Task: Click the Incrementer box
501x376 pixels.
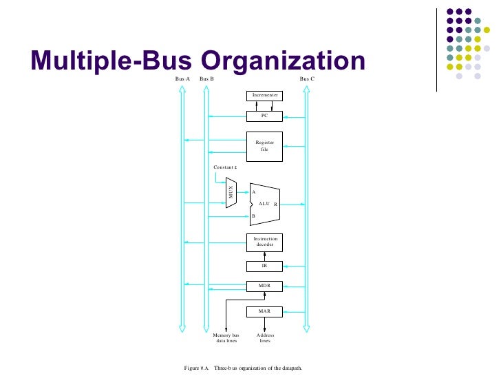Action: (x=264, y=94)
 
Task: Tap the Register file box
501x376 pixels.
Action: (x=264, y=145)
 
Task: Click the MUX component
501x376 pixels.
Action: (x=232, y=192)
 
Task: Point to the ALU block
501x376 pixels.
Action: (x=264, y=204)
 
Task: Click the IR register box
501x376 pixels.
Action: (x=264, y=265)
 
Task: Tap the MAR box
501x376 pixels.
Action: (x=264, y=311)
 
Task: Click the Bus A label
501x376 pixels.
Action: (x=182, y=79)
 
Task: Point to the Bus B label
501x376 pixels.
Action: (x=206, y=79)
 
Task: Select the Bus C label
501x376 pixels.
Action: (x=307, y=79)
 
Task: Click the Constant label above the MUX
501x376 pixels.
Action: (x=225, y=167)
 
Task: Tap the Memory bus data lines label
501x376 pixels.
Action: (x=226, y=337)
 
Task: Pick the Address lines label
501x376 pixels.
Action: (x=265, y=337)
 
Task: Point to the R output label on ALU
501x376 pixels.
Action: (x=275, y=205)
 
